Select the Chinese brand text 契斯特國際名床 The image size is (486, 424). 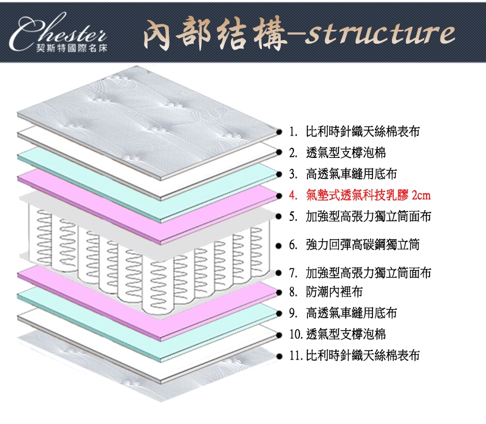(72, 48)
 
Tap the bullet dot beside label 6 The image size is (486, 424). (278, 245)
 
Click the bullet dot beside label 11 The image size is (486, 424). (279, 355)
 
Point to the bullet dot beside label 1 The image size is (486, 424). (278, 131)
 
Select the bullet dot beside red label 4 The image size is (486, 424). (278, 196)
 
